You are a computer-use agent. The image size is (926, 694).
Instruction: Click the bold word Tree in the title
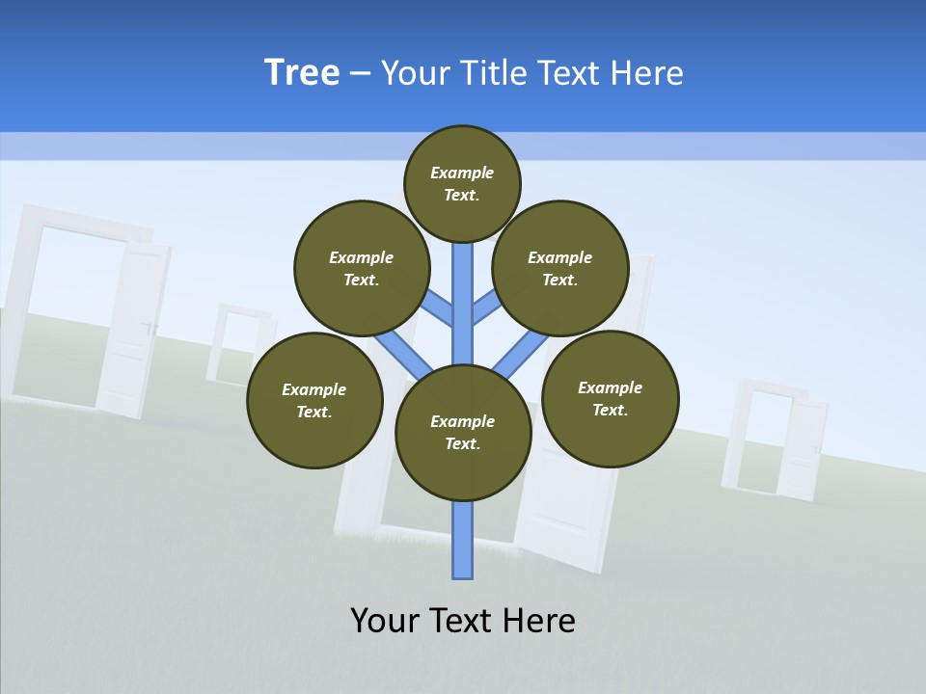302,73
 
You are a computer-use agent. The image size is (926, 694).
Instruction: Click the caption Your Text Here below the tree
463,620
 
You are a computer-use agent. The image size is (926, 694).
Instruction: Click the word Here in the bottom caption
539,620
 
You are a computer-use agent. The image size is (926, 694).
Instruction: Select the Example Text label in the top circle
462,183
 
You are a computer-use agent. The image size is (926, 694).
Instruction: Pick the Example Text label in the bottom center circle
462,432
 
